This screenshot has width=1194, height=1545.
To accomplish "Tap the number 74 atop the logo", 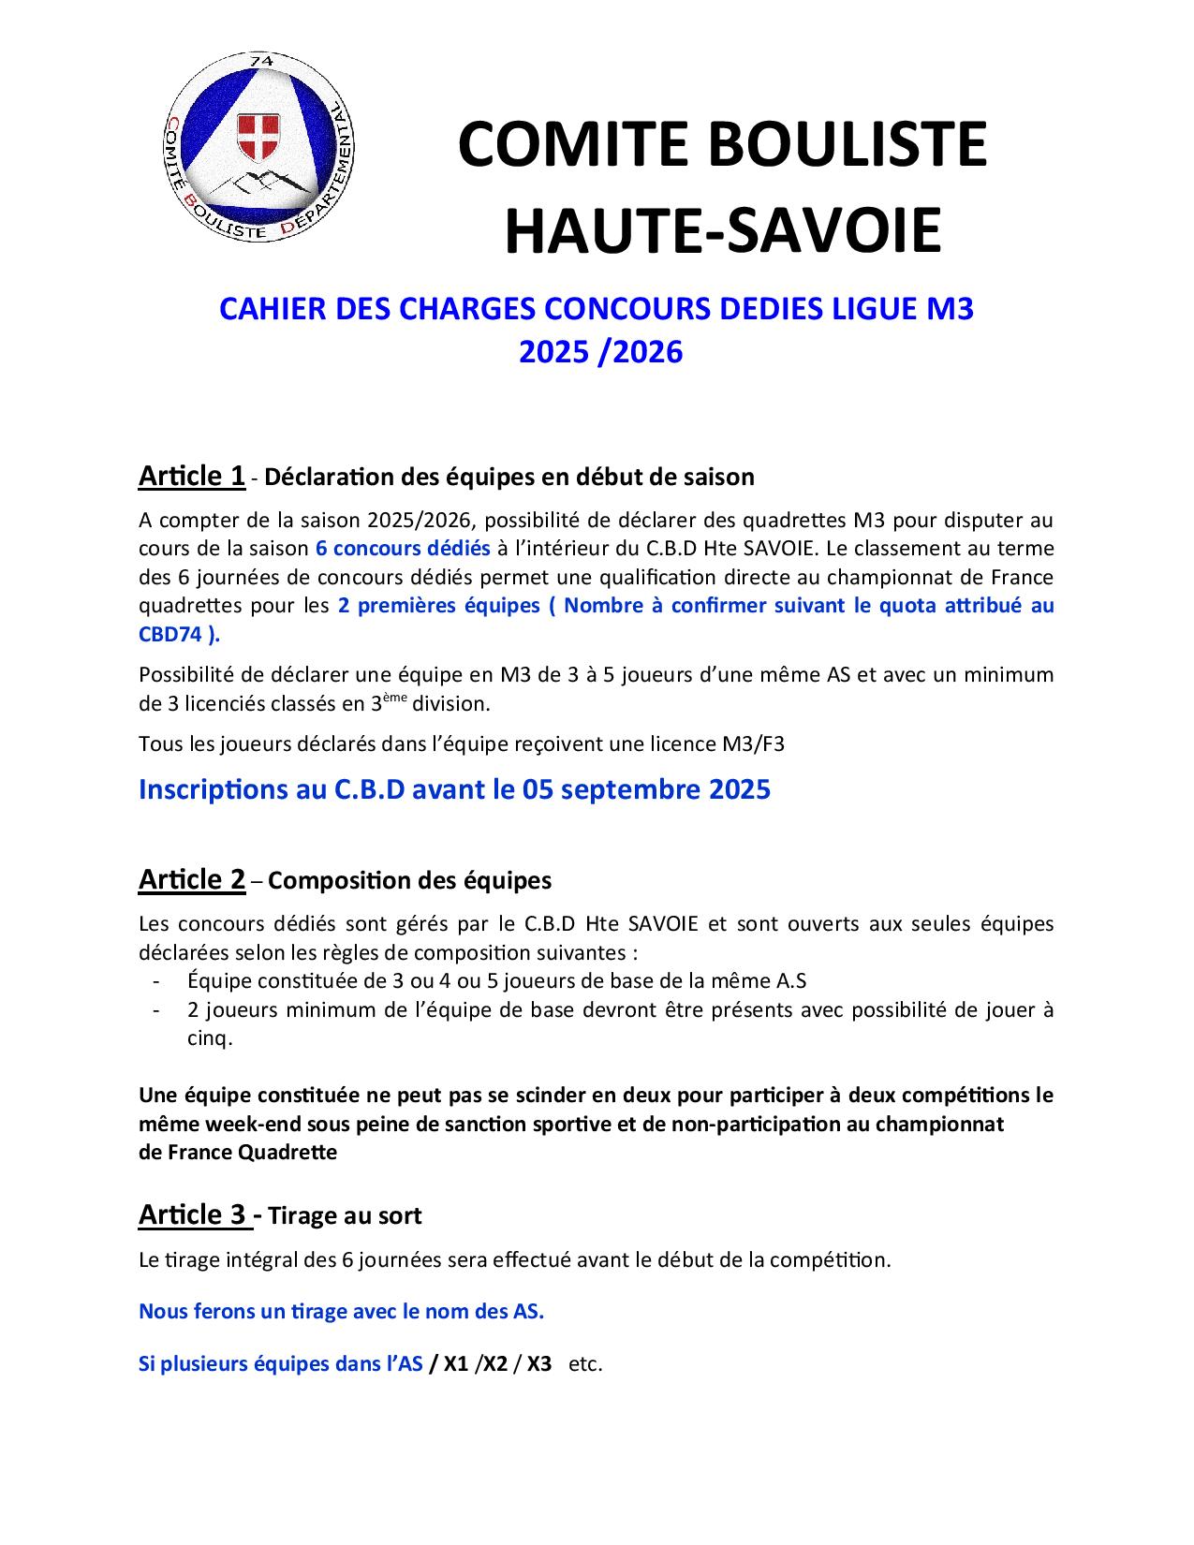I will [261, 61].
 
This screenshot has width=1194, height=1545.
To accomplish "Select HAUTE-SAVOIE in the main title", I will [722, 230].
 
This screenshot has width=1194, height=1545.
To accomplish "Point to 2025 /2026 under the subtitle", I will [601, 352].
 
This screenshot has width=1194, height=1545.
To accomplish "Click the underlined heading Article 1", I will [192, 476].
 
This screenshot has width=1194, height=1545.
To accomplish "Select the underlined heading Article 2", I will [192, 879].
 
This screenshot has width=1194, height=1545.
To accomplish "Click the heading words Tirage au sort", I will [345, 1215].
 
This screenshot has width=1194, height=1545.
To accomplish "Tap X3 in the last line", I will [538, 1363].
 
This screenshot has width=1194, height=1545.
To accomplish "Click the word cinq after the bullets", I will [207, 1038].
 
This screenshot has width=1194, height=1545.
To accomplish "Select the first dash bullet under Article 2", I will [155, 981].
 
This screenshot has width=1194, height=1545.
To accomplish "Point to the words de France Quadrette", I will [238, 1152].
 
